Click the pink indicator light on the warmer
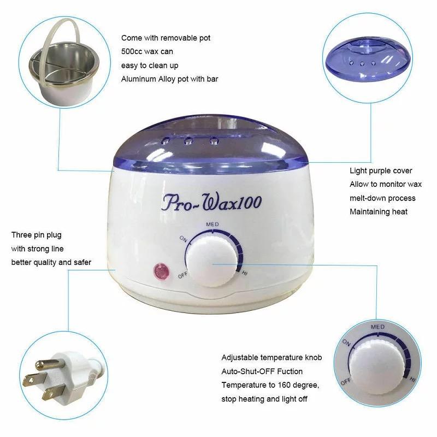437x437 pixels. (x=161, y=271)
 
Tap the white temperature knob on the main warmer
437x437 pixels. (x=211, y=261)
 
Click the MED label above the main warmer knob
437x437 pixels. (x=212, y=225)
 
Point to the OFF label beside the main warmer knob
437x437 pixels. (x=183, y=275)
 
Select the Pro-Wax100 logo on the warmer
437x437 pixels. (x=212, y=202)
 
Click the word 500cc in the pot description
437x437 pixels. (x=132, y=51)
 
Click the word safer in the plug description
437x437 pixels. (x=82, y=263)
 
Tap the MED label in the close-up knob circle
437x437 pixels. (x=378, y=327)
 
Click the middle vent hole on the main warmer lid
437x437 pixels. (x=188, y=140)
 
